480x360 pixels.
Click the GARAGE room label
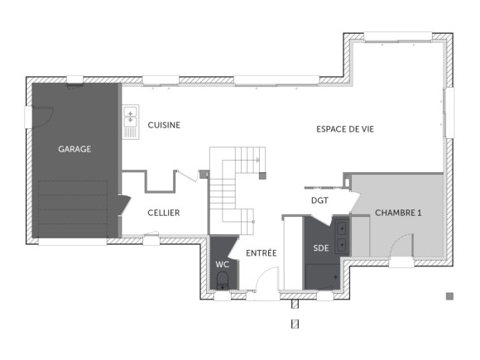(74, 150)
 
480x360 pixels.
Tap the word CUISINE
(164, 125)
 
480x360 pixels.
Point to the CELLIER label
(164, 213)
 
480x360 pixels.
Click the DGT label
(319, 200)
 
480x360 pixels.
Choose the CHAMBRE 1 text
(398, 213)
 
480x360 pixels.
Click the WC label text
(222, 264)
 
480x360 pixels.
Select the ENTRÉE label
(262, 252)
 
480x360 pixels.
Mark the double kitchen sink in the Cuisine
(130, 123)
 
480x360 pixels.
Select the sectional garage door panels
(73, 209)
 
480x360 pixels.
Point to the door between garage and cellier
(124, 204)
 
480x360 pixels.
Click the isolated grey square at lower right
(449, 295)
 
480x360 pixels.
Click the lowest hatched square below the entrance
(294, 325)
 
